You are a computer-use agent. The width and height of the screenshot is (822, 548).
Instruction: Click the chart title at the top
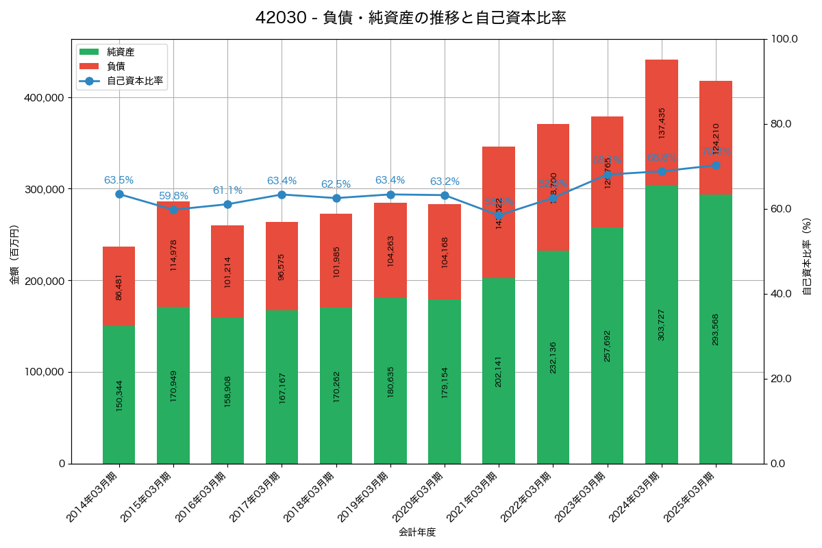(x=410, y=18)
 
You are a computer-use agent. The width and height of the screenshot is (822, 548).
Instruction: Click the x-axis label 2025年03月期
(x=692, y=497)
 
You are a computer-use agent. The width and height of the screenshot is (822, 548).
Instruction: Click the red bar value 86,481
(x=119, y=286)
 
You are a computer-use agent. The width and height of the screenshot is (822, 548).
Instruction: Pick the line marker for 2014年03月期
(x=119, y=194)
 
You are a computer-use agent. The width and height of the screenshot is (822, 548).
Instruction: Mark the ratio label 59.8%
(x=173, y=196)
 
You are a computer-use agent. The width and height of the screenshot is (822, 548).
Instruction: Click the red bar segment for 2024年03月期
(x=662, y=122)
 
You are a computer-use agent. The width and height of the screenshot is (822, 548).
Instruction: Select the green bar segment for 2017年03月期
(x=282, y=387)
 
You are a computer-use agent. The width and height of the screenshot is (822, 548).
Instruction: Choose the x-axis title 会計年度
(x=417, y=532)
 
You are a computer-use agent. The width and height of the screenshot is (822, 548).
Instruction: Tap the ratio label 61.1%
(x=227, y=190)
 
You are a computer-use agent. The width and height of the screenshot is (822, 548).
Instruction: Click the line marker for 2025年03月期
(x=716, y=165)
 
